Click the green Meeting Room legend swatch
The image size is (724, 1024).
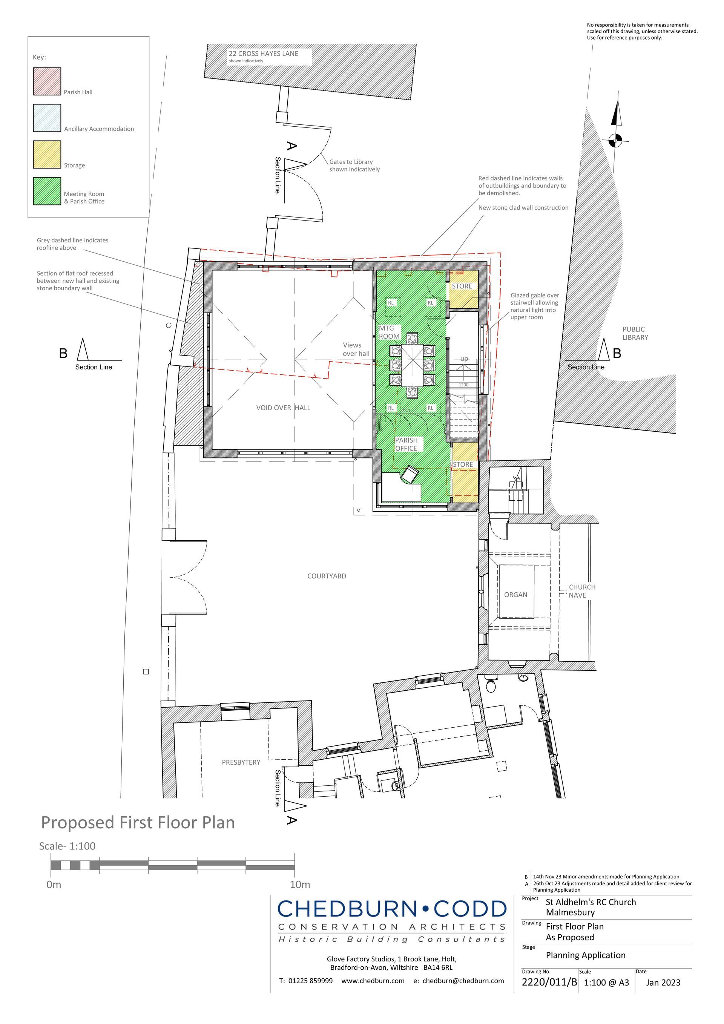[x=47, y=191]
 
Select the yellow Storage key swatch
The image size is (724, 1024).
[x=47, y=154]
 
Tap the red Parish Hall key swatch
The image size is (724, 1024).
[x=47, y=81]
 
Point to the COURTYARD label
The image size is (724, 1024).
[x=327, y=576]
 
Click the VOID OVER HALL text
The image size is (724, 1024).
[x=283, y=408]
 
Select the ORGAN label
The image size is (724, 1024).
[x=516, y=595]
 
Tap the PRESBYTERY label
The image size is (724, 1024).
[x=241, y=762]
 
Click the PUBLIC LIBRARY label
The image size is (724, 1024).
[x=635, y=333]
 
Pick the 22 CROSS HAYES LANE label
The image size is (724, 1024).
[x=263, y=54]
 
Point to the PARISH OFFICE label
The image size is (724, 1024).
[x=406, y=444]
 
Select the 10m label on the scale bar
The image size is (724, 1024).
[x=300, y=885]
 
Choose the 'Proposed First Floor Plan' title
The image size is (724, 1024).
[x=138, y=822]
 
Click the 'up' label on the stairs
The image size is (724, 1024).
[x=464, y=359]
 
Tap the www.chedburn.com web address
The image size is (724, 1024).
[x=373, y=981]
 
